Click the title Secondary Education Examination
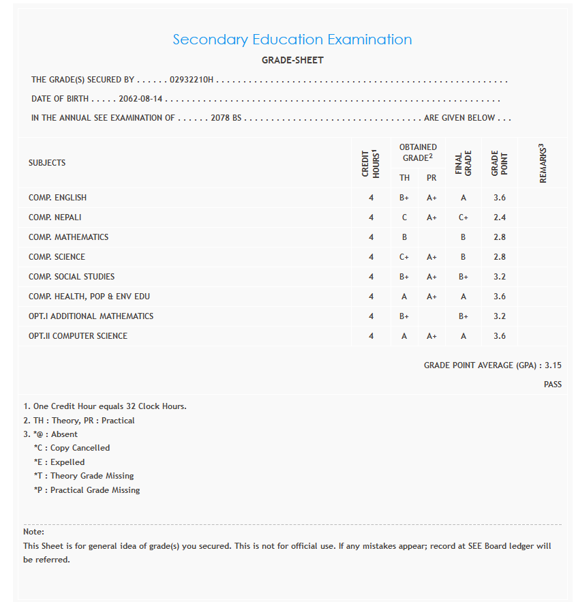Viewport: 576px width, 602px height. point(292,40)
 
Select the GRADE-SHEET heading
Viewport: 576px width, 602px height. point(292,61)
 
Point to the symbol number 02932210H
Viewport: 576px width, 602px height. point(192,80)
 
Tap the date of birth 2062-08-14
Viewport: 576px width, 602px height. point(140,100)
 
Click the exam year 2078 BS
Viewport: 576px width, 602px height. point(226,118)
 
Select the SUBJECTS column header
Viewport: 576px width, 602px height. point(47,163)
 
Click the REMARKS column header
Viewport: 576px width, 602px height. point(543,163)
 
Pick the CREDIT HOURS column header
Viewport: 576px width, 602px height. point(371,164)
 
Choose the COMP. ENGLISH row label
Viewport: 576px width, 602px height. point(57,198)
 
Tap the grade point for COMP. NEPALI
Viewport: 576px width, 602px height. point(499,217)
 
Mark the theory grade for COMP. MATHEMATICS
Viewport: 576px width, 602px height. point(404,237)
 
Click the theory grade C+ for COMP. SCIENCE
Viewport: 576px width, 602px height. point(404,257)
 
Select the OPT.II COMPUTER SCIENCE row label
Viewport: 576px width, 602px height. point(78,336)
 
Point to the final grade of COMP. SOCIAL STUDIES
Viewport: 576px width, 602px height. point(464,277)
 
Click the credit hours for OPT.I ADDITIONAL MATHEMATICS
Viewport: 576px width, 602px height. point(372,316)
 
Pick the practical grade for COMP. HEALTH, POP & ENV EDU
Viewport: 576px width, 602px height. point(431,297)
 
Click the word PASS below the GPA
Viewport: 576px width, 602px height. point(553,385)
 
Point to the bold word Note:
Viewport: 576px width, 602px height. point(33,532)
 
